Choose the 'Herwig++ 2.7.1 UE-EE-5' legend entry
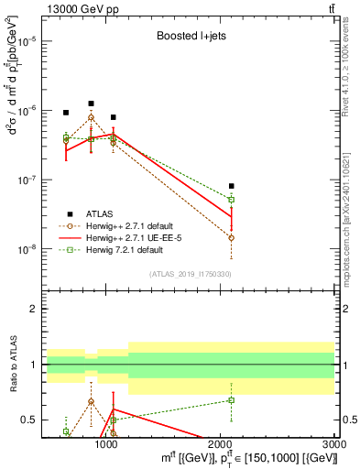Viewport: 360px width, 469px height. [141, 237]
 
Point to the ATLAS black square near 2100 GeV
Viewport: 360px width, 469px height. [232, 186]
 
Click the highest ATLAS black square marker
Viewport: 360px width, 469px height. [91, 104]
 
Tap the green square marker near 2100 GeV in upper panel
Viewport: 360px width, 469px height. [232, 199]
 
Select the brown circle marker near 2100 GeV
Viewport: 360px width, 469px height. [232, 237]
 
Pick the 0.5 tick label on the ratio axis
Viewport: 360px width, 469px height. [29, 420]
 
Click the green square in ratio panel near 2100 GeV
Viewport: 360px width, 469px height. [232, 399]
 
